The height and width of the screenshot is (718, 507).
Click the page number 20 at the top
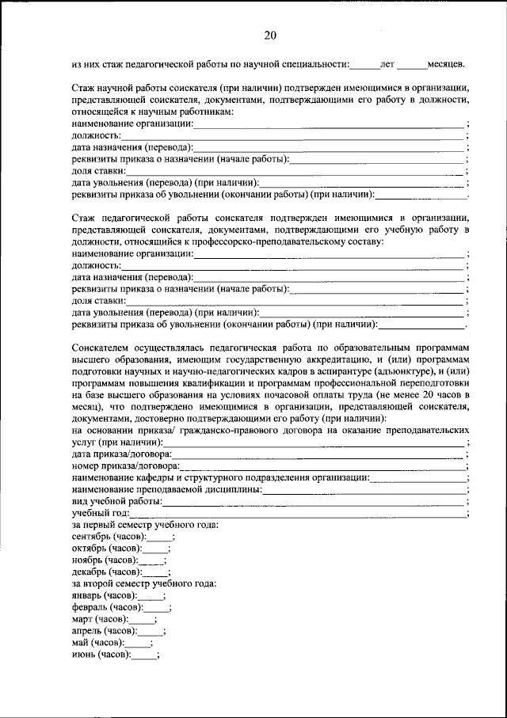click(270, 35)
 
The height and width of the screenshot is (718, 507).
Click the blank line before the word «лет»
click(364, 64)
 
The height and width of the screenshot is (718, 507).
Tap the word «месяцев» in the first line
click(445, 63)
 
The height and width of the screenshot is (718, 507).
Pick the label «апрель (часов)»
click(103, 631)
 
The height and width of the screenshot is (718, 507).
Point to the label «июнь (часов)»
click(100, 655)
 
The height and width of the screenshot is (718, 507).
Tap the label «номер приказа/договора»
click(124, 466)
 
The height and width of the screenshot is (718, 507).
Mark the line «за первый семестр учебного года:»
click(145, 524)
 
